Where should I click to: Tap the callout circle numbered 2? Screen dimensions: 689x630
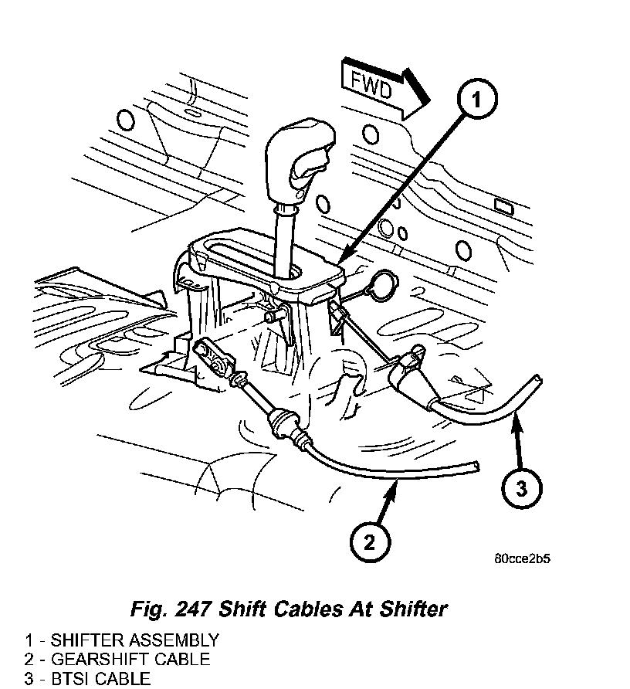tap(370, 541)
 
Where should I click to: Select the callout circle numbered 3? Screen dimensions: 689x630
tap(521, 487)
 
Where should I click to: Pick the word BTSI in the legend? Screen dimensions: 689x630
tap(71, 679)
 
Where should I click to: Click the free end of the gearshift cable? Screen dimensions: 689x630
tap(475, 467)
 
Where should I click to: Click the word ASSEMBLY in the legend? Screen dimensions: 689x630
tap(175, 640)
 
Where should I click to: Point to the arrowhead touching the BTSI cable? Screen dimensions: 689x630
tap(517, 418)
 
